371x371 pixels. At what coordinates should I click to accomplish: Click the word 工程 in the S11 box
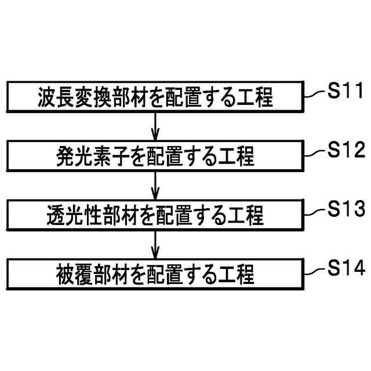255,97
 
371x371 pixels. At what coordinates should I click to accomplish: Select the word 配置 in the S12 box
165,156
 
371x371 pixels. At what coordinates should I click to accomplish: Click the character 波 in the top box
46,97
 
